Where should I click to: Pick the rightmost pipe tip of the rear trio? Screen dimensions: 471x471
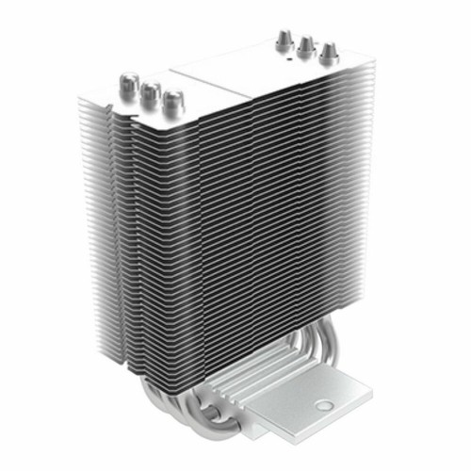pos(327,52)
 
